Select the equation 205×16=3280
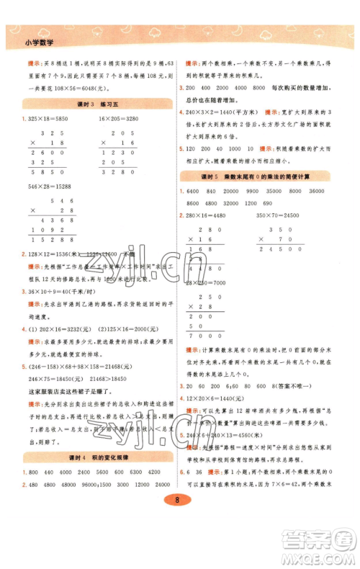click(x=122, y=118)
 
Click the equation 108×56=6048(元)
click(x=72, y=84)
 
